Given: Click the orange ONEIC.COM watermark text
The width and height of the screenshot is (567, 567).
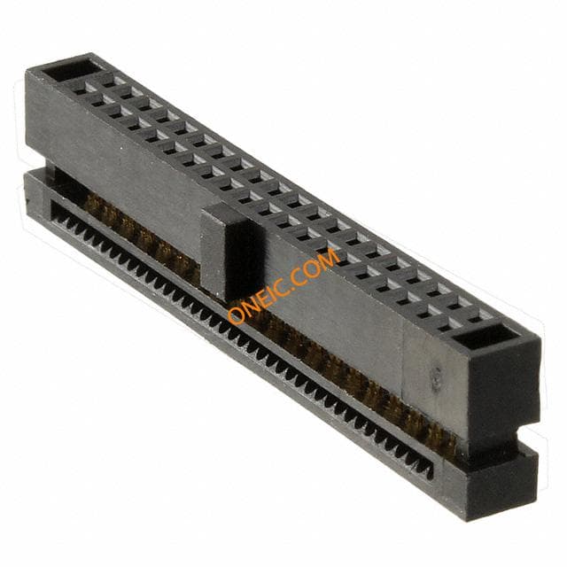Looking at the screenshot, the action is point(283,285).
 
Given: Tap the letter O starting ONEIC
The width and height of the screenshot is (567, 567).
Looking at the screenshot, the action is point(237,315).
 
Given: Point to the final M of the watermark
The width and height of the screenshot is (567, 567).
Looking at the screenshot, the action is point(328,257).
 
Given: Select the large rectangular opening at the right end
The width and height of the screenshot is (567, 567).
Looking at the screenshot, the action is point(484,338).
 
